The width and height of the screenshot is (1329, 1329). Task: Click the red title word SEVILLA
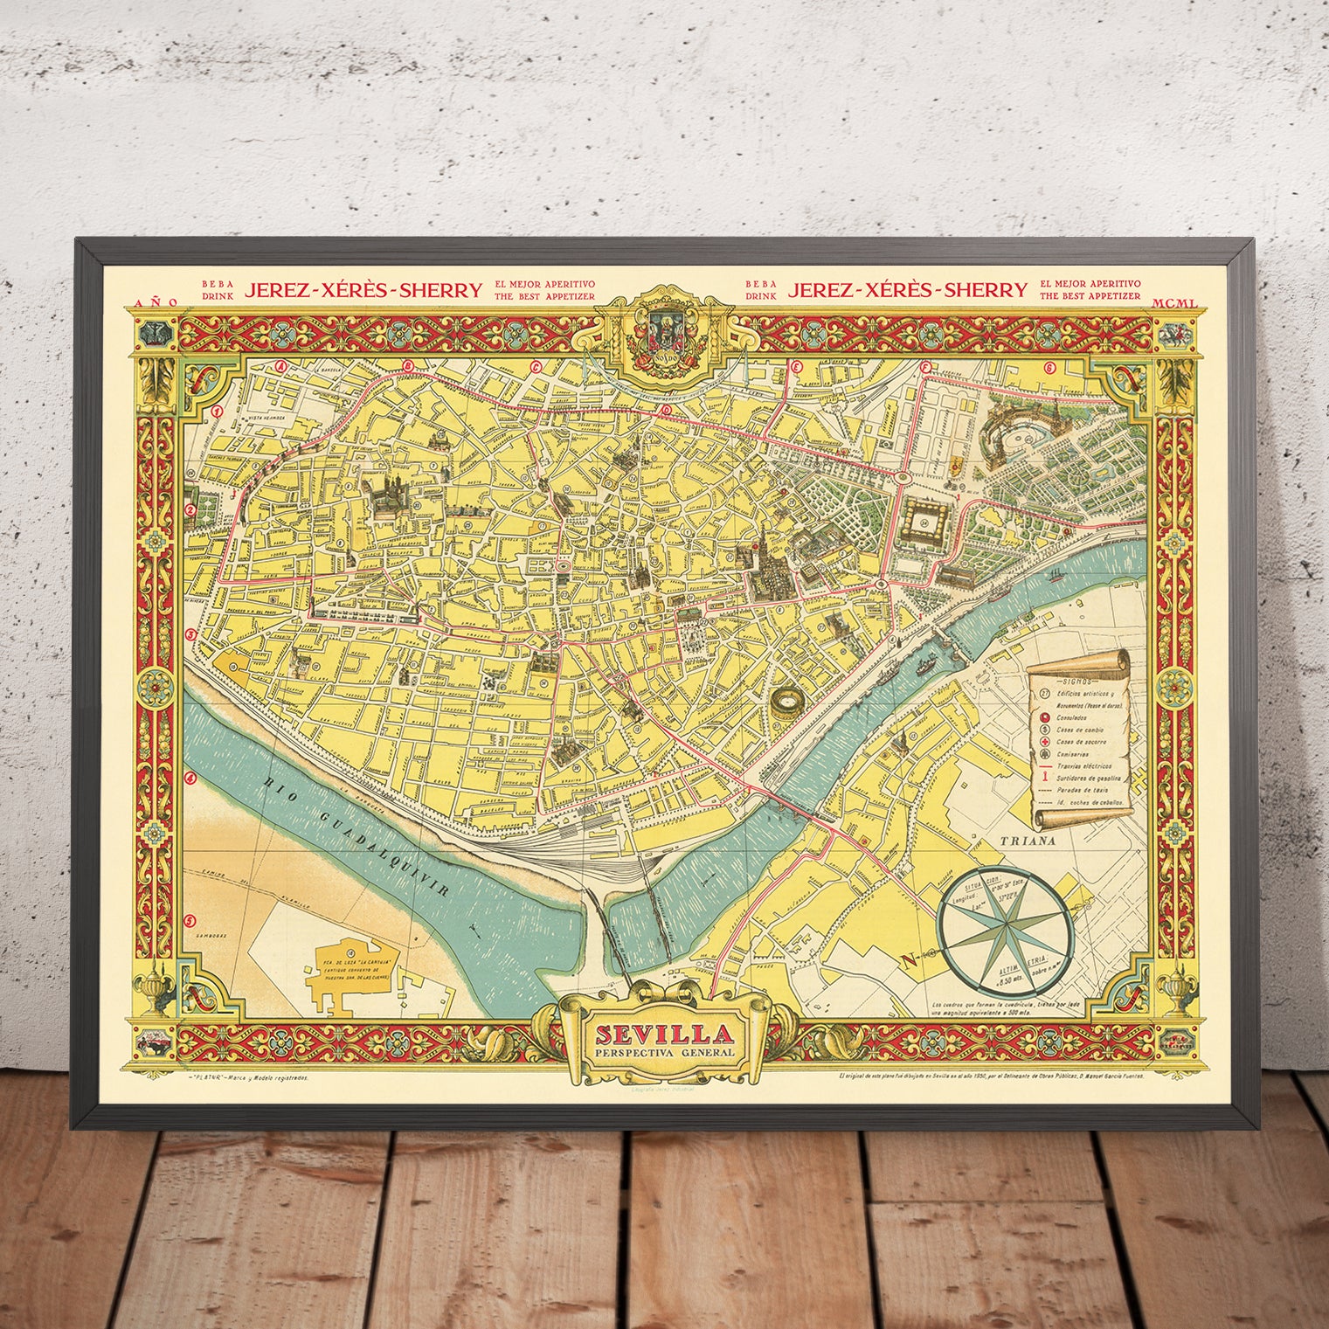click(x=664, y=1035)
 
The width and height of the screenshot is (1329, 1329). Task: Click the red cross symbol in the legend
click(x=1044, y=741)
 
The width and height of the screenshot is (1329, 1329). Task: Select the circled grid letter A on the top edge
click(x=280, y=368)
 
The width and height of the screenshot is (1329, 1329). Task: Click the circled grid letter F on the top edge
click(x=925, y=368)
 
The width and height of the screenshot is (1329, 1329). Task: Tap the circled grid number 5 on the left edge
click(x=190, y=920)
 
